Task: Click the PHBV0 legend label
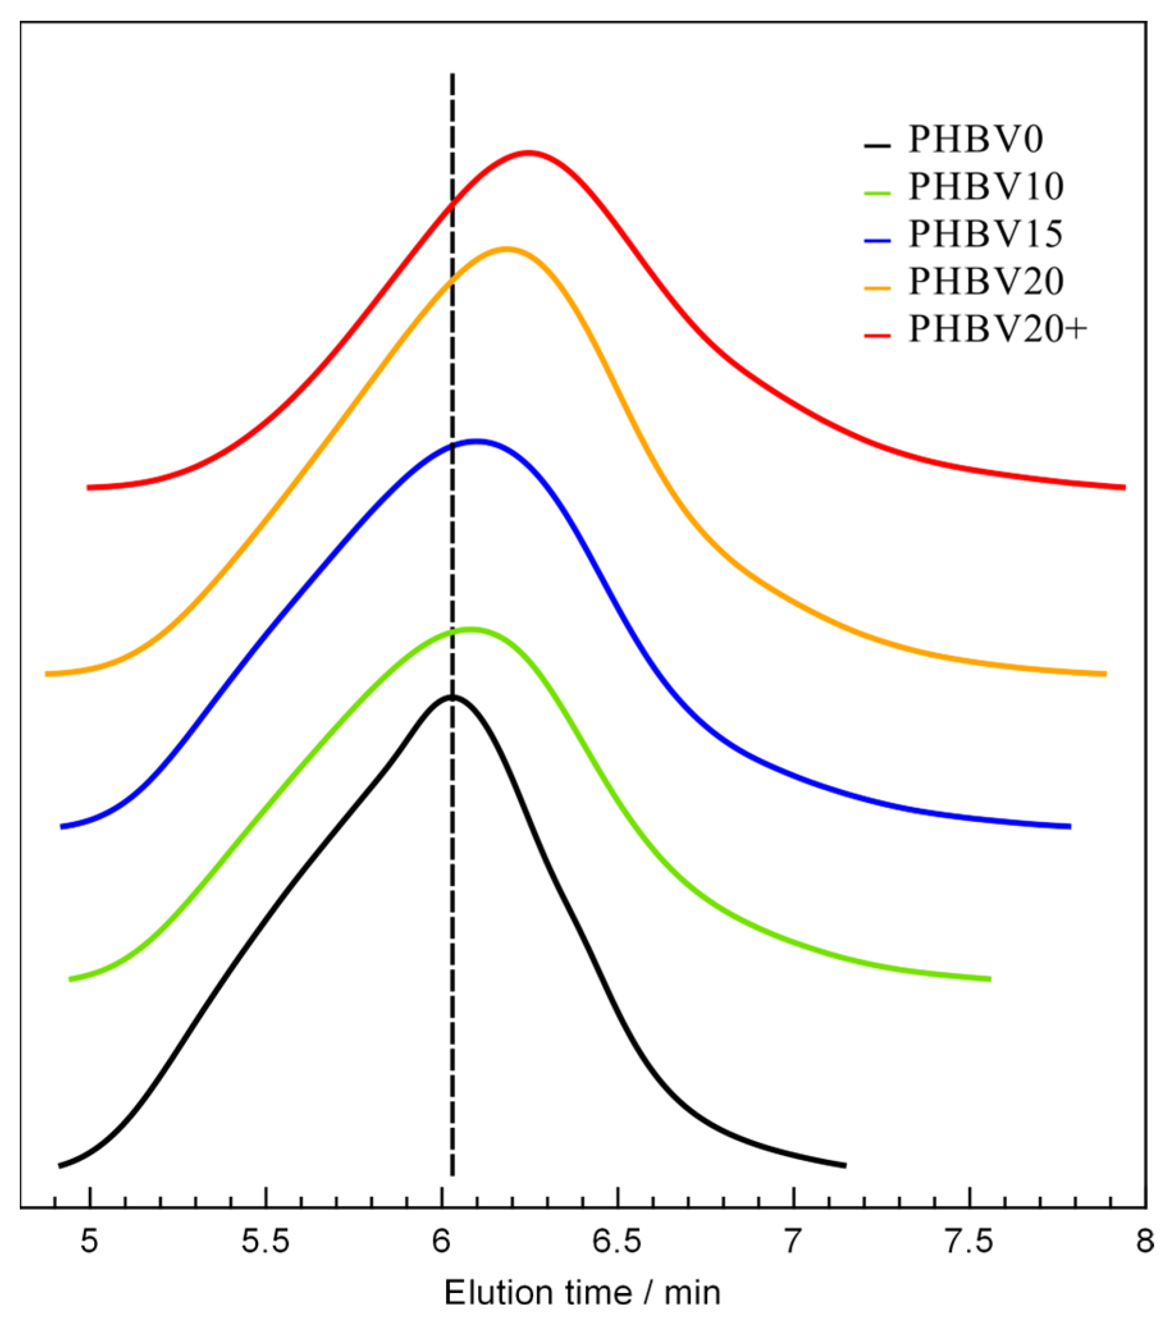pos(975,139)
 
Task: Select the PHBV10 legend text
pos(985,187)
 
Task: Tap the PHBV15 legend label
pos(985,234)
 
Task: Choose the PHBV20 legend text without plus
pos(985,282)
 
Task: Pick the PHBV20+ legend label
pos(998,329)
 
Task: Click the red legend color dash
pos(877,336)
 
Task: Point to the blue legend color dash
pos(877,241)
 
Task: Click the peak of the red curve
pos(529,153)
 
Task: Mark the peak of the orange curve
pos(506,248)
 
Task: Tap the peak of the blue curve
pos(477,441)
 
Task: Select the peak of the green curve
pos(471,629)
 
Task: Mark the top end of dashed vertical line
pos(452,76)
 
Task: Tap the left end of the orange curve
pos(47,674)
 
